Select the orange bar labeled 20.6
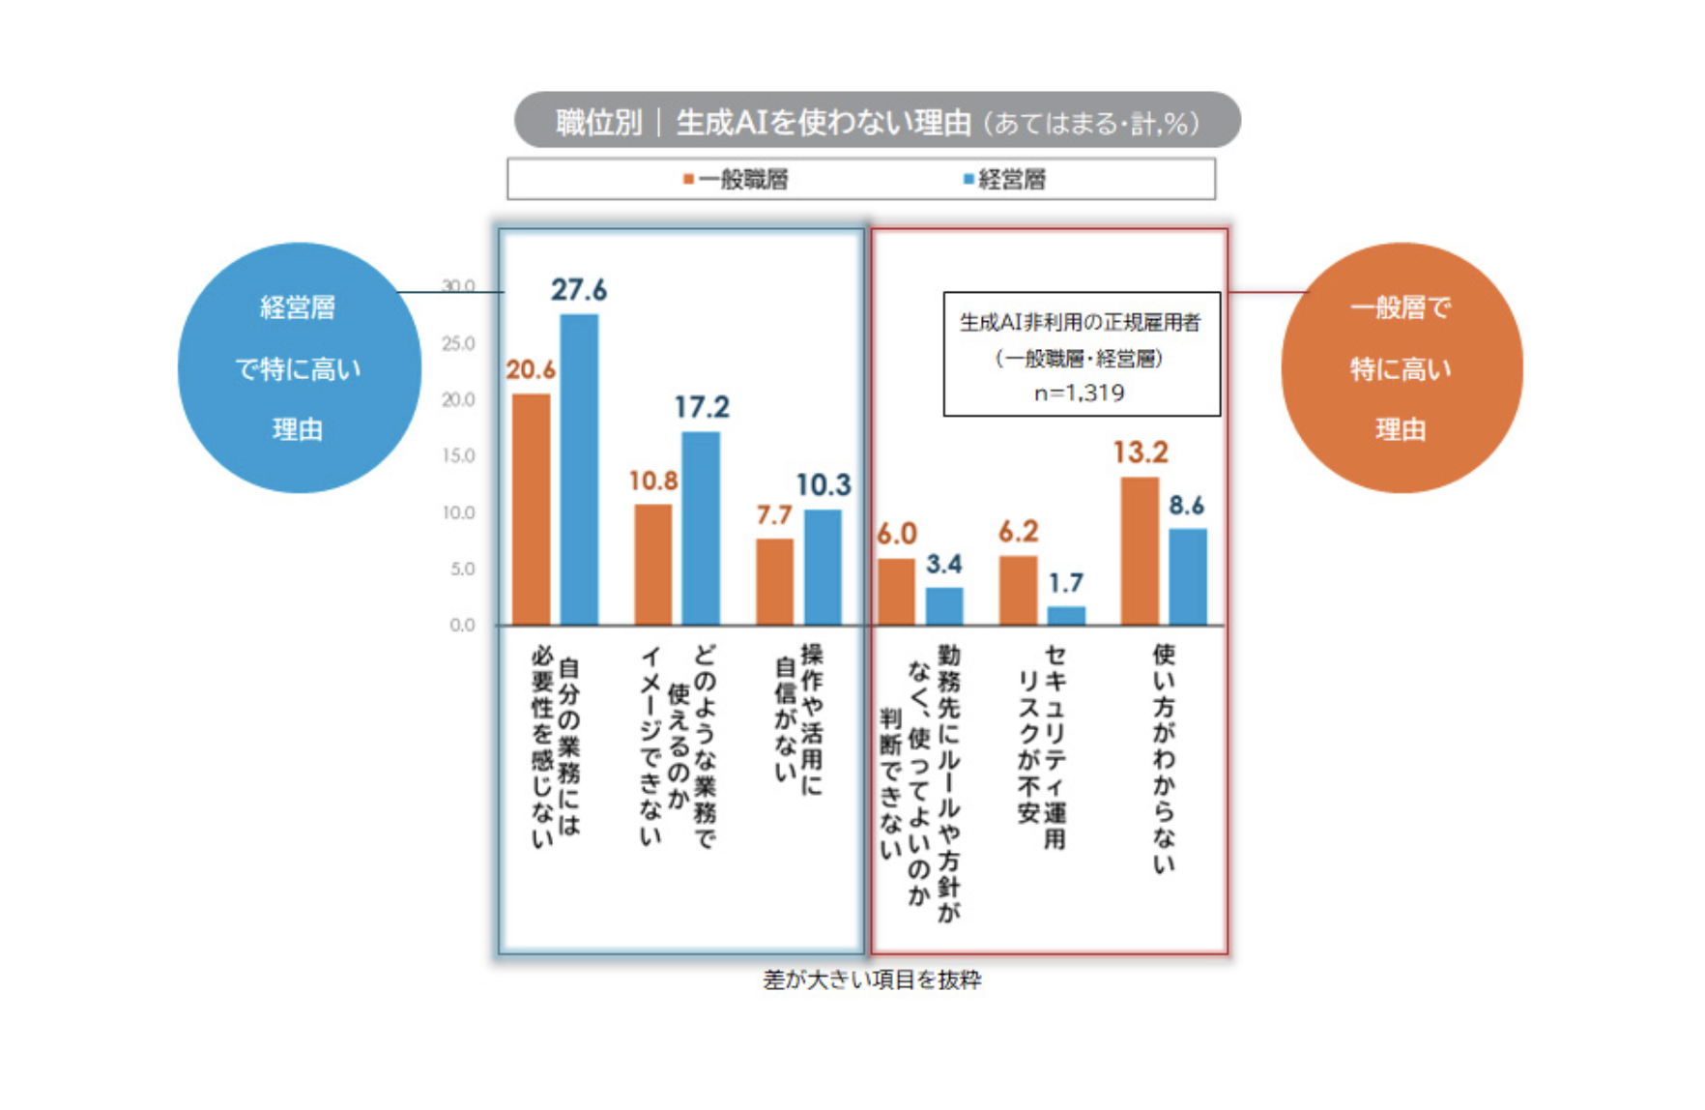click(531, 509)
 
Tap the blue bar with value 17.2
click(701, 528)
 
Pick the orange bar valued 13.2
click(1140, 550)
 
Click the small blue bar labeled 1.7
click(1066, 615)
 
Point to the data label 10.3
click(824, 485)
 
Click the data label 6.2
click(1019, 532)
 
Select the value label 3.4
click(944, 564)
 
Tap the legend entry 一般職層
click(737, 180)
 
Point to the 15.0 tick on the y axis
click(459, 456)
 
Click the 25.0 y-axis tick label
click(459, 344)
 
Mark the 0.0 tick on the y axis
click(462, 626)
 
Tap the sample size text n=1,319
click(1080, 394)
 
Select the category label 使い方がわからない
click(1164, 759)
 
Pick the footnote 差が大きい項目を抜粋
click(872, 980)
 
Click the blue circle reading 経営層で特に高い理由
click(299, 368)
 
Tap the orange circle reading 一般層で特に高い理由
click(1401, 368)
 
